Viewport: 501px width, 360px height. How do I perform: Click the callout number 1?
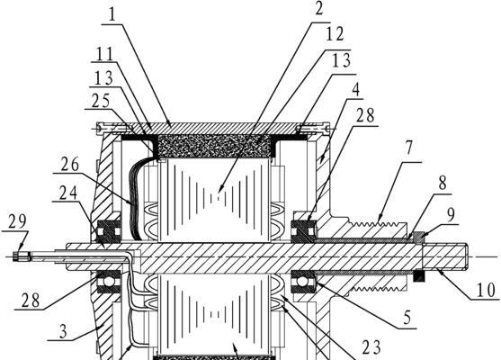[x=112, y=14]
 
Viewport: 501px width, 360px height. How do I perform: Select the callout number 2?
[x=318, y=9]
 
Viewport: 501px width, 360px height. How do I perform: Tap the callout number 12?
[x=335, y=34]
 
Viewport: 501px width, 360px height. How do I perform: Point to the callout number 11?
[x=104, y=53]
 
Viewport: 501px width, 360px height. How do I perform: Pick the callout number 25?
[x=101, y=102]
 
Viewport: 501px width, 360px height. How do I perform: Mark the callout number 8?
[x=443, y=184]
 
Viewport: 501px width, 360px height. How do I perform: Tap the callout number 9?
[x=451, y=215]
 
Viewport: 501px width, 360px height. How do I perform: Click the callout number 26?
[x=70, y=165]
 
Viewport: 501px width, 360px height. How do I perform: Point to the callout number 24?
[x=68, y=193]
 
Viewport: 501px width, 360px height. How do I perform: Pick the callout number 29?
[x=16, y=221]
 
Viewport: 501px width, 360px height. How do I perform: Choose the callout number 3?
[x=63, y=331]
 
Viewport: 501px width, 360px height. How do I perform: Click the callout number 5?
[x=407, y=318]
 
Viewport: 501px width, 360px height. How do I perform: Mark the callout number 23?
[x=371, y=347]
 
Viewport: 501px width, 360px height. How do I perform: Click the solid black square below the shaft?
[x=418, y=276]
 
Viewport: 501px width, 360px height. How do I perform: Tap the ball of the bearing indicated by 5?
[x=302, y=282]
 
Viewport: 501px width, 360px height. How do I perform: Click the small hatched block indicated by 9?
[x=418, y=237]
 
